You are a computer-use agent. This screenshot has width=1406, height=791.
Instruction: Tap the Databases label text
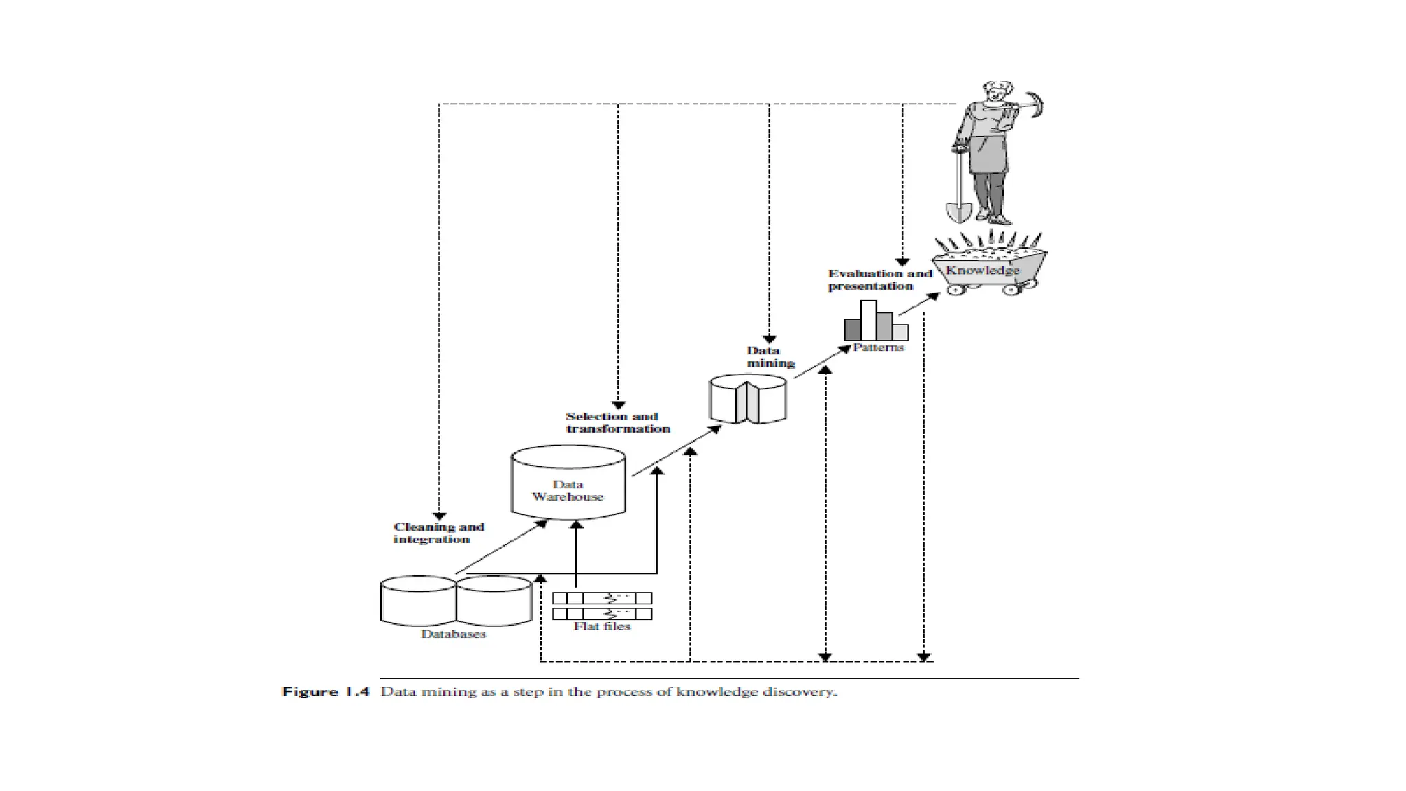pos(453,634)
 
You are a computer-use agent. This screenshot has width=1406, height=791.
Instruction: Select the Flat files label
pos(601,626)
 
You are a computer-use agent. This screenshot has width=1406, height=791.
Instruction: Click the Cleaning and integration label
pos(439,533)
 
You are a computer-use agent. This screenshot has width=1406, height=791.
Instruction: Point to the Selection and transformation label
pos(617,422)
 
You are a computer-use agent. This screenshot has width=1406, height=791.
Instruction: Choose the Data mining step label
pos(770,357)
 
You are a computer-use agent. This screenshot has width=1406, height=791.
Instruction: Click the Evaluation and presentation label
pos(879,279)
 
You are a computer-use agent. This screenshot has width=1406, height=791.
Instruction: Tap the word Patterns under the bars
pos(878,347)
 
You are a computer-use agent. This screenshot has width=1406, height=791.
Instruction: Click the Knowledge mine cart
pos(989,271)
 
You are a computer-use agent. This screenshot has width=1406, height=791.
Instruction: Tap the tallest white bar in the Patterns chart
pos(868,320)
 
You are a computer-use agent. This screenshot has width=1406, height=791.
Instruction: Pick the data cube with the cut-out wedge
pos(748,399)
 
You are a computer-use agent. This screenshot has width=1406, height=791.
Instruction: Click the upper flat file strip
pos(602,598)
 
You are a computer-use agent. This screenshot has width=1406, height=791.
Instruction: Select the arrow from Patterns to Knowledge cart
pos(919,305)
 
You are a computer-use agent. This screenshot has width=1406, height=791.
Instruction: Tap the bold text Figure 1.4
pos(325,691)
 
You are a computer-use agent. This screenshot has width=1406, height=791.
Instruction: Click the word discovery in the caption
pos(809,691)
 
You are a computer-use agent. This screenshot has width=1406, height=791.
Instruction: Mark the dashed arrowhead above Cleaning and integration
pos(439,516)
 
